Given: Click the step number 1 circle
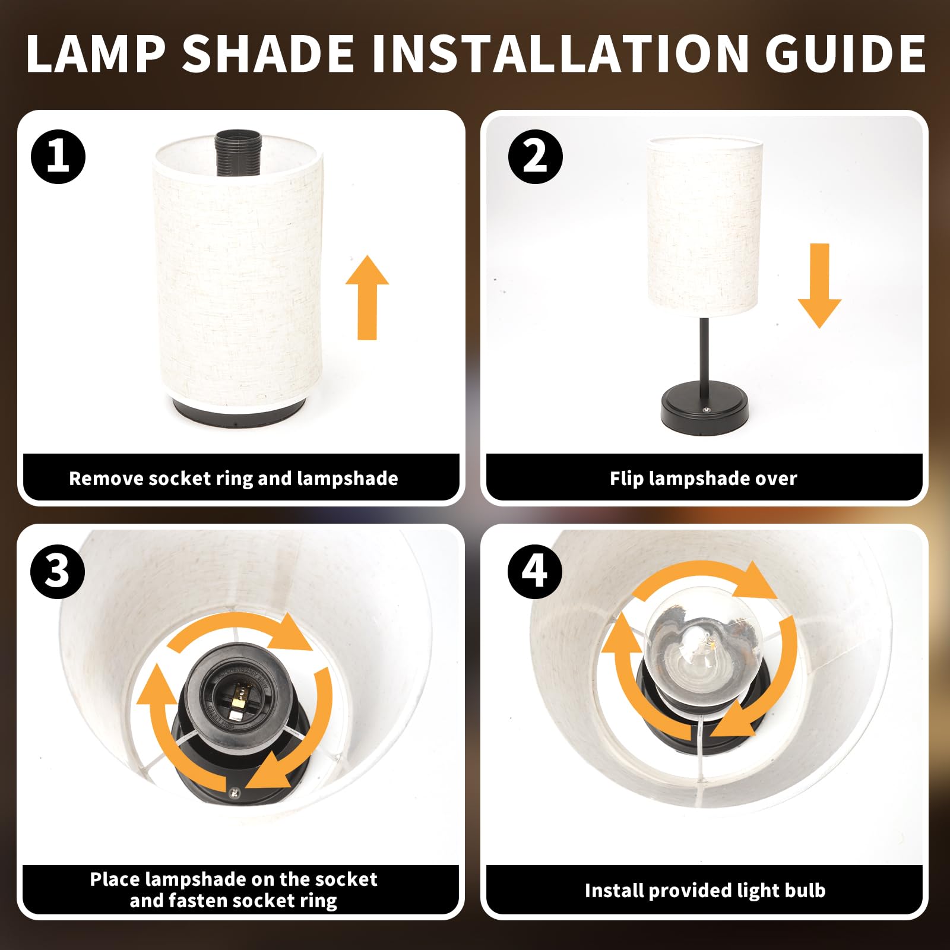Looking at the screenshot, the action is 58,157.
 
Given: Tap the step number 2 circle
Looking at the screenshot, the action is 536,157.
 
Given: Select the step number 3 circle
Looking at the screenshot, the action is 58,572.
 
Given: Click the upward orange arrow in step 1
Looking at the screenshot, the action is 368,297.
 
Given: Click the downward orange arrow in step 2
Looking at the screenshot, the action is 819,286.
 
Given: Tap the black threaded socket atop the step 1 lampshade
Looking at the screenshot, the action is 239,153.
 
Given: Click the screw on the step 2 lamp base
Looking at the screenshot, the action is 707,409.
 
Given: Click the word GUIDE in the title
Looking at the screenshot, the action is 845,53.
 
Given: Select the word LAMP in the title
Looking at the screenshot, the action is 96,53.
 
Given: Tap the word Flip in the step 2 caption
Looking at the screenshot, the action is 627,479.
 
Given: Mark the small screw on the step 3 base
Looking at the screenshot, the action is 235,793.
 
